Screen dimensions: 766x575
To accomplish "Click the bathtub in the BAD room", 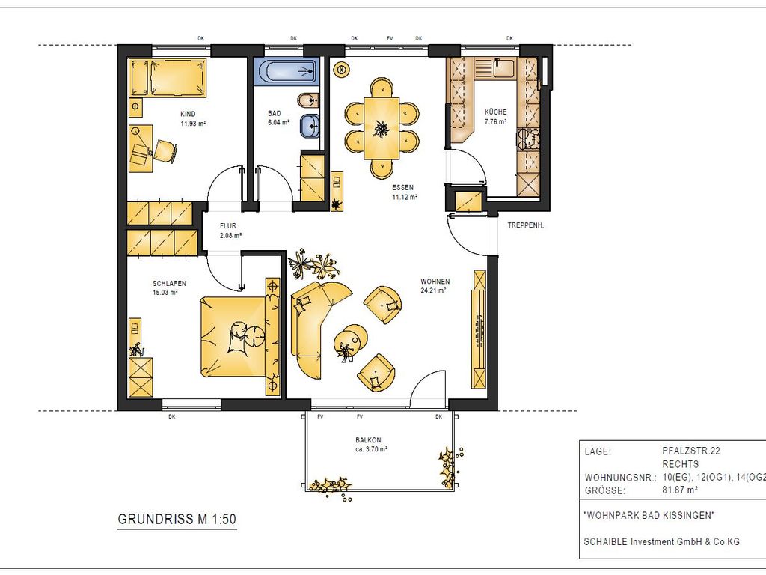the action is click(287, 72).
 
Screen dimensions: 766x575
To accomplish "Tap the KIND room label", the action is click(188, 114).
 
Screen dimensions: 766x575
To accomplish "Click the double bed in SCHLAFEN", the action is click(239, 338).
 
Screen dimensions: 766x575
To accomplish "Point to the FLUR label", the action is click(228, 226).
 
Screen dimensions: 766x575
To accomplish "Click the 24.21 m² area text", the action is click(434, 290).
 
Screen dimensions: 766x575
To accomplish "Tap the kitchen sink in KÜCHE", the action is click(503, 68).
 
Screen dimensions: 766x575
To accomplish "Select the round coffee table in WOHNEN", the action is click(351, 338).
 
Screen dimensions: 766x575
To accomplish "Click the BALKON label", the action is click(368, 440).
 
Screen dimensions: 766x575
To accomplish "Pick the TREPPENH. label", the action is click(526, 226).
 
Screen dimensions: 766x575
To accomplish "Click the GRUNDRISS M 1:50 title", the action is click(177, 520).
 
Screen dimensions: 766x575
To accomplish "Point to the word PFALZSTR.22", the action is click(690, 451).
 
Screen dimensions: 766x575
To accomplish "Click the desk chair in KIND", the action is click(165, 150).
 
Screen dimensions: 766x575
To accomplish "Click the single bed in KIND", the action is click(167, 78).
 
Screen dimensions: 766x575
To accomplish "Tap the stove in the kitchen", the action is click(529, 139).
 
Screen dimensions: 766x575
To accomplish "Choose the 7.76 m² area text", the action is click(495, 122).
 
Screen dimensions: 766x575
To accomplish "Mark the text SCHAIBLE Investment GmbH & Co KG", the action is click(661, 541).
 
